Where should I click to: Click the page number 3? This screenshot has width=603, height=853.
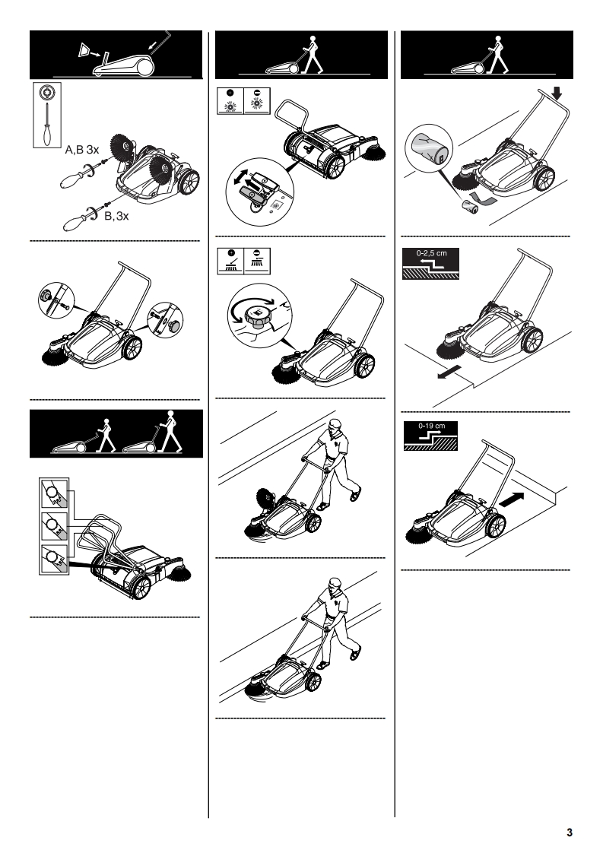click(570, 832)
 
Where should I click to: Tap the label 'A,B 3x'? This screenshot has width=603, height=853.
click(82, 150)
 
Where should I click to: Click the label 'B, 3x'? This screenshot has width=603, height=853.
click(116, 216)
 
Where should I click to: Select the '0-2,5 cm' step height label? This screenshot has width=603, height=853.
click(431, 253)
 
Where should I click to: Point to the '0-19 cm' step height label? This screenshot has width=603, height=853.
click(432, 426)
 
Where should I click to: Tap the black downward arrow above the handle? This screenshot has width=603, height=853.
click(556, 94)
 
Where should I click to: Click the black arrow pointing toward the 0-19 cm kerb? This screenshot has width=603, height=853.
click(512, 499)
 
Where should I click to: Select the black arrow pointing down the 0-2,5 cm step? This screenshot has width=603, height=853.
click(449, 373)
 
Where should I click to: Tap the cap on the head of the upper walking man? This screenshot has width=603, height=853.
click(336, 423)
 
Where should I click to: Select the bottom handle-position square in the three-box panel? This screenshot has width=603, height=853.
click(54, 557)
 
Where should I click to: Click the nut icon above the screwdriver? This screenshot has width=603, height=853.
click(47, 93)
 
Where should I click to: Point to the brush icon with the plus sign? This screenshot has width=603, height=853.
click(230, 261)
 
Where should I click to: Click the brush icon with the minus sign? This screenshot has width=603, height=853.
click(257, 261)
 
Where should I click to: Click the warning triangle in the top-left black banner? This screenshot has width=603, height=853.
click(84, 50)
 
